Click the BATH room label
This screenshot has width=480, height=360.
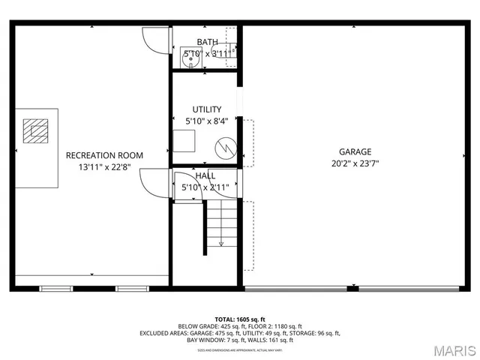207,41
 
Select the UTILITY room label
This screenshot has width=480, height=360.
206,109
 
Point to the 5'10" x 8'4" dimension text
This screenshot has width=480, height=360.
206,121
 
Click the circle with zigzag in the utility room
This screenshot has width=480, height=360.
226,148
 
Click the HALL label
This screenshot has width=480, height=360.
205,175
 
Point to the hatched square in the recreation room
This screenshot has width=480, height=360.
34,130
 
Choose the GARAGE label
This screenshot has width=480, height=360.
354,151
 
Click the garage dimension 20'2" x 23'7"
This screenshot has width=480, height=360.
354,163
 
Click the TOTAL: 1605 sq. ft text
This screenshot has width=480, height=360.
240,319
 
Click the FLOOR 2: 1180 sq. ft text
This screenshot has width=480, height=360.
278,326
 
